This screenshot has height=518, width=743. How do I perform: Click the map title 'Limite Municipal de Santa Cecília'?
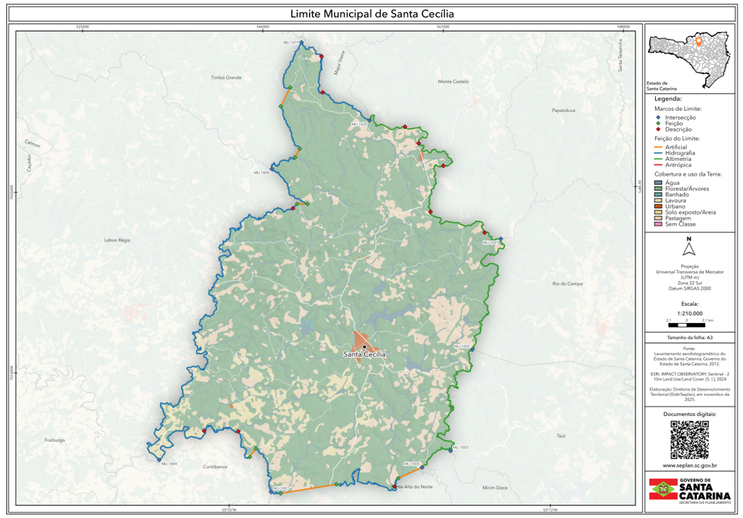click(x=371, y=13)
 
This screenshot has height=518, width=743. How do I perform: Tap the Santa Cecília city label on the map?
click(x=364, y=354)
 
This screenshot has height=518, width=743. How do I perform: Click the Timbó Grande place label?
click(x=226, y=77)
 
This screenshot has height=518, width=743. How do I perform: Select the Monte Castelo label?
click(x=454, y=81)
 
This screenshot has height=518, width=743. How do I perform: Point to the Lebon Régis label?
click(x=117, y=241)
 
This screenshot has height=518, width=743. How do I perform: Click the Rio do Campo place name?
click(x=567, y=283)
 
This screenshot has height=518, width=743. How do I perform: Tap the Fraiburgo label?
click(x=55, y=440)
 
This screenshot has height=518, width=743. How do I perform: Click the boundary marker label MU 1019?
click(x=291, y=43)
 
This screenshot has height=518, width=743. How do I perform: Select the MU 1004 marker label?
click(x=169, y=463)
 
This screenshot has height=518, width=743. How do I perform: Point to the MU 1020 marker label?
click(x=359, y=123)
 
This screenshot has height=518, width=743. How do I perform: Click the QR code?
click(x=689, y=439)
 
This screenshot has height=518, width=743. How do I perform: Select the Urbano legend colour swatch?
click(x=658, y=206)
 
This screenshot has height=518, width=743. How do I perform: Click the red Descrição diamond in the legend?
click(x=658, y=129)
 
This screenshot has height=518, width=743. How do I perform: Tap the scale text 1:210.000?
click(x=689, y=313)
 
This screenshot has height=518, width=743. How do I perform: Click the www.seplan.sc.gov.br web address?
click(x=689, y=466)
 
